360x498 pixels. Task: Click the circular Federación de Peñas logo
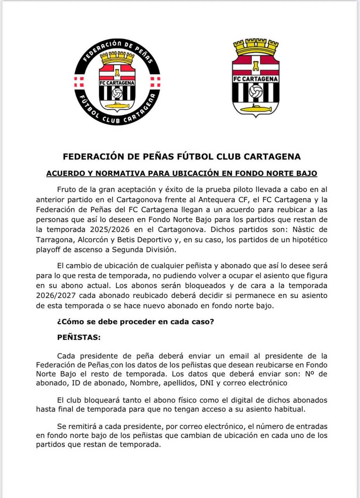pyautogui.click(x=117, y=82)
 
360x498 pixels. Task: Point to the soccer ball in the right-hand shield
pyautogui.click(x=255, y=92)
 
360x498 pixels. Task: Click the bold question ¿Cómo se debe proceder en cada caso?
pyautogui.click(x=135, y=323)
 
